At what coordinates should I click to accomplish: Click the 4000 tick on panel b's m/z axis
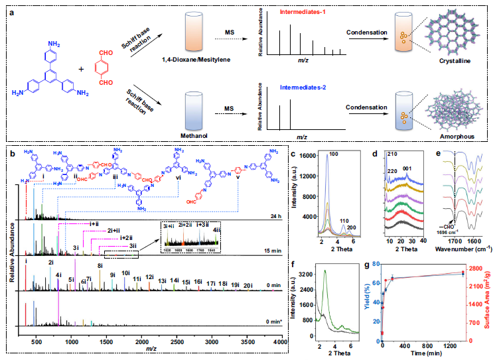click(x=281, y=341)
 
